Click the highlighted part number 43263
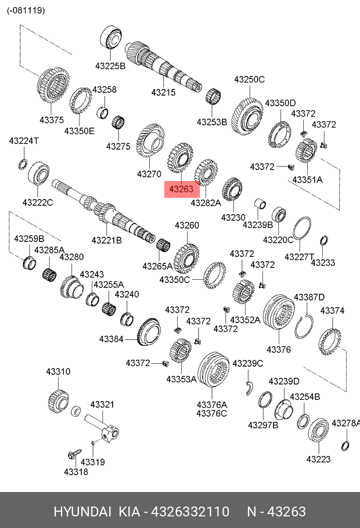(182, 189)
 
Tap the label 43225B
(109, 66)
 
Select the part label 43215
(163, 92)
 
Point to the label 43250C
(249, 79)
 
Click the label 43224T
(24, 141)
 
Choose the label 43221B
(106, 240)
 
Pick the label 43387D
(309, 297)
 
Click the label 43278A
(345, 423)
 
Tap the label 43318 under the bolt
(75, 472)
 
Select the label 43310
(58, 371)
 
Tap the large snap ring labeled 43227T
(302, 229)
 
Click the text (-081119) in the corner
(26, 10)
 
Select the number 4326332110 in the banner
(190, 512)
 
